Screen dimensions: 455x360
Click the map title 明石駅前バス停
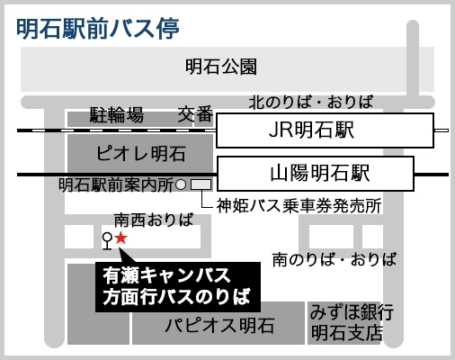(x=98, y=29)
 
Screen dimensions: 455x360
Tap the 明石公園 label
(x=221, y=67)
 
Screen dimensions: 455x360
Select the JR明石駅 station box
(x=325, y=130)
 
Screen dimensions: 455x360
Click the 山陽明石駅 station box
(x=316, y=174)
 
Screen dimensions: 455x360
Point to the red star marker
(x=121, y=238)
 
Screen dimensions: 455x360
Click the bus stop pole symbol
(x=107, y=241)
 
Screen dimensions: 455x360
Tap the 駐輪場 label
(x=117, y=114)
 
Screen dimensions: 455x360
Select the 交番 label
(x=195, y=114)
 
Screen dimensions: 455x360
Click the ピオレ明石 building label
(x=140, y=153)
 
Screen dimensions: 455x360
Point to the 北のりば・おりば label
(x=311, y=102)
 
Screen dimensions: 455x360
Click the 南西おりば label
(x=154, y=220)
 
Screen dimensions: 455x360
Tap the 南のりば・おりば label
(x=335, y=259)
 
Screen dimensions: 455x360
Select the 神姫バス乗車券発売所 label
(x=299, y=206)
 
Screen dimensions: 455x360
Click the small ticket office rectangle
(x=201, y=184)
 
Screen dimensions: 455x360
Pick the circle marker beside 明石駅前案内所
(x=181, y=184)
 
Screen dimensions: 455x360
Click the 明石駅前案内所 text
(x=116, y=185)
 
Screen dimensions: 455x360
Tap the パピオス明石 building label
(x=219, y=325)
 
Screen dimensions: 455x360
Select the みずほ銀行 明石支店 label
(x=352, y=322)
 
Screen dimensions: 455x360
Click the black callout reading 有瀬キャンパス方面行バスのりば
(x=178, y=287)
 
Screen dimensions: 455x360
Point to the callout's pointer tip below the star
(x=120, y=247)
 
